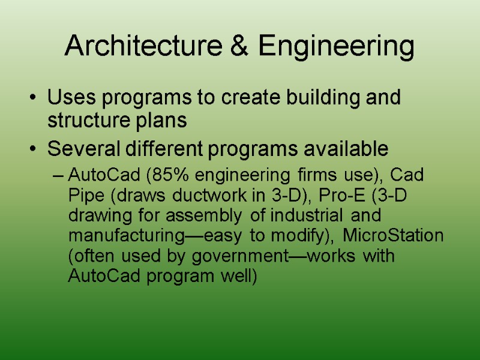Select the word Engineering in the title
pyautogui.click(x=337, y=46)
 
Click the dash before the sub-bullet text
pyautogui.click(x=58, y=176)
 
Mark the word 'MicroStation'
pyautogui.click(x=393, y=235)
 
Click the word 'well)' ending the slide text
pyautogui.click(x=241, y=277)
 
